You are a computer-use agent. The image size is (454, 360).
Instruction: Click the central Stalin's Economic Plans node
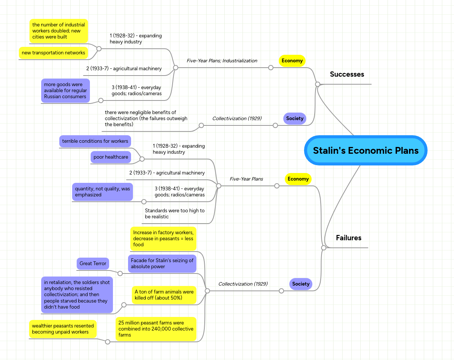[x=366, y=150]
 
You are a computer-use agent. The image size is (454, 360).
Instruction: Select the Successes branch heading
[x=347, y=74]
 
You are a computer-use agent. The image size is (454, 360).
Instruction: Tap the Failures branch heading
[x=348, y=238]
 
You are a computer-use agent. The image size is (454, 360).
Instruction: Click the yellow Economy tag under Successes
[x=292, y=61]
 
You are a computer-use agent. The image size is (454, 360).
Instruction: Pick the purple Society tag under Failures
[x=301, y=284]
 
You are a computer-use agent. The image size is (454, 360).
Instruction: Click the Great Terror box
[x=93, y=264]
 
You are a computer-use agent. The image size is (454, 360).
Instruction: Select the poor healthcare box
[x=111, y=157]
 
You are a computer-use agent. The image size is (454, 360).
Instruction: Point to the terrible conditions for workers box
[x=95, y=141]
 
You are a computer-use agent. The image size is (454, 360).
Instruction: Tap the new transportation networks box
[x=53, y=53]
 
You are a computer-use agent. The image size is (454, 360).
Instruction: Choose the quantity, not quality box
[x=102, y=192]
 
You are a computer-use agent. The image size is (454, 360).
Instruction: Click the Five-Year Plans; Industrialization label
[x=222, y=61]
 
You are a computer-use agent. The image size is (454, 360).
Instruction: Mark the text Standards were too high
[x=174, y=214]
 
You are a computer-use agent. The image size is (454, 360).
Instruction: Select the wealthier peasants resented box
[x=63, y=329]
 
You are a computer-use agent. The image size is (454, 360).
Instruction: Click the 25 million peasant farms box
[x=156, y=329]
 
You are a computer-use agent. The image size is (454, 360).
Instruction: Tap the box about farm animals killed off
[x=164, y=295]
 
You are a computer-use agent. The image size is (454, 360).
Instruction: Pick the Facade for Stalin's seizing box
[x=162, y=264]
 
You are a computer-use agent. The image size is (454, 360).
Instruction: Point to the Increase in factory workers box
[x=163, y=239]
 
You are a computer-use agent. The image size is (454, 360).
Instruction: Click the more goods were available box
[x=65, y=91]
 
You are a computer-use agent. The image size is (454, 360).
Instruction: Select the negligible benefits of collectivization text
[x=146, y=119]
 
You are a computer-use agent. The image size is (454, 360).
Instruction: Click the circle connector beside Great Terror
[x=120, y=273]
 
